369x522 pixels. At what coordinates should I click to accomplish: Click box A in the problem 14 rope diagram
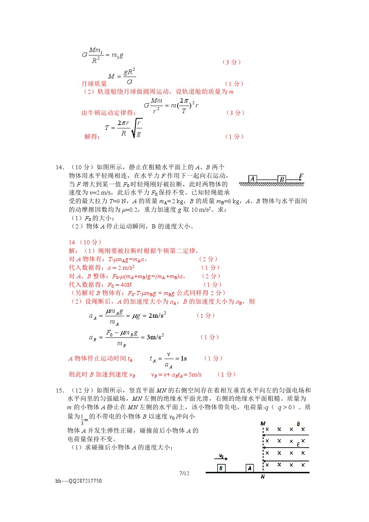253,179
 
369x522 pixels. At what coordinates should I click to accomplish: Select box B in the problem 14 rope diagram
282,179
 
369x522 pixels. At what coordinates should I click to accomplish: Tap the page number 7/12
184,473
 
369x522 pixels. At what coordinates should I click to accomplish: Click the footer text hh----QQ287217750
78,481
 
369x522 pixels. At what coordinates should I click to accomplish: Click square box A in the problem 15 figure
250,468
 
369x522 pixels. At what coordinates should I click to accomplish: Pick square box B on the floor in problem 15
221,468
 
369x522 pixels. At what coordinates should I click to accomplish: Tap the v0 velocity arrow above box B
222,457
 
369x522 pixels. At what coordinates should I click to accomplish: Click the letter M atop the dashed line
263,424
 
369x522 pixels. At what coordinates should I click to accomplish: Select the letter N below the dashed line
263,477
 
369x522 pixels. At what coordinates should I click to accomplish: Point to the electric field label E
298,445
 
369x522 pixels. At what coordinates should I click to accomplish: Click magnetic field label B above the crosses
298,424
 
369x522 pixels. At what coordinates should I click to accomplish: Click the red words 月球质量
94,84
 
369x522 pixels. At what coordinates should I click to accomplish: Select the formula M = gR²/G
122,76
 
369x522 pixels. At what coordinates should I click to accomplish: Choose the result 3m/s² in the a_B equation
155,337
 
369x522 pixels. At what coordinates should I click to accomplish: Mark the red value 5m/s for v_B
195,375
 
